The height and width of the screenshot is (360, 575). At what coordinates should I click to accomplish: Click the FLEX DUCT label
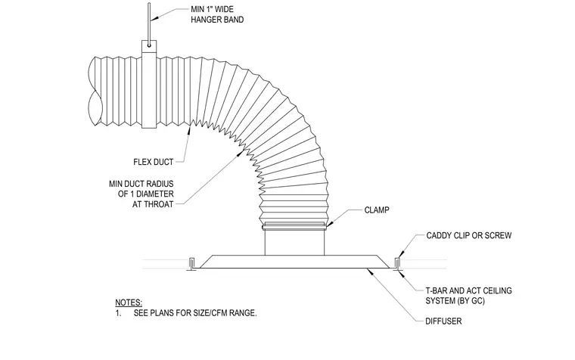154,162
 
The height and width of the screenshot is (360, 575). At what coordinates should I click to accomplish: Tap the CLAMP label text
377,210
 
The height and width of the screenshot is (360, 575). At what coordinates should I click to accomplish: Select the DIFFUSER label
443,321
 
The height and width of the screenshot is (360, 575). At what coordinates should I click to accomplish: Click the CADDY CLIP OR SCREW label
468,235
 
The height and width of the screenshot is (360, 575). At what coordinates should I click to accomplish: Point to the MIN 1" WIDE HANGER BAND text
217,14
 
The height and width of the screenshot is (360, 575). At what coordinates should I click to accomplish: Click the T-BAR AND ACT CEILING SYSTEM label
468,296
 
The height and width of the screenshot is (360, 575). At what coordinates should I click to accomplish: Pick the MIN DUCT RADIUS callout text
141,194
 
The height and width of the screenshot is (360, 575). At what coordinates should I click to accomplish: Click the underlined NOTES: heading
129,303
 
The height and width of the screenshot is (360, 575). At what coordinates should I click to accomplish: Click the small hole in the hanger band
149,45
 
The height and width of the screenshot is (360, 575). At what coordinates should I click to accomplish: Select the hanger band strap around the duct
149,84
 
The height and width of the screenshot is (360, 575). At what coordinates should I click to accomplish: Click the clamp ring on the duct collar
294,225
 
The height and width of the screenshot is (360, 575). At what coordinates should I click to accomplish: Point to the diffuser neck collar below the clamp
294,242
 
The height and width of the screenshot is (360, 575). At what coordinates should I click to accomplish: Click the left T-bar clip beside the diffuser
191,264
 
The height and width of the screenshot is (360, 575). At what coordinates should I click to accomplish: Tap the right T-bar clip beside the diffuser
397,264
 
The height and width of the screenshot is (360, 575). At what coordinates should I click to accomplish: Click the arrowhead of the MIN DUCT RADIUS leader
240,153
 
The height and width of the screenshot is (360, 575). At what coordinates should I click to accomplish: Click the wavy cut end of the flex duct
94,91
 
